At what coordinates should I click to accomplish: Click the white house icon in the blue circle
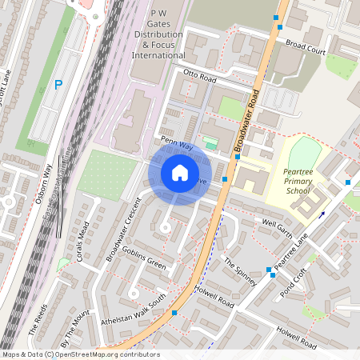click(180, 173)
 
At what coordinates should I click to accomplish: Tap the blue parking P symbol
click(58, 84)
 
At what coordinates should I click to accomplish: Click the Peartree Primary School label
click(297, 181)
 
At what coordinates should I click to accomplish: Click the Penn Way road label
click(177, 143)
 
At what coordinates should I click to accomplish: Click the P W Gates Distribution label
click(158, 35)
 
